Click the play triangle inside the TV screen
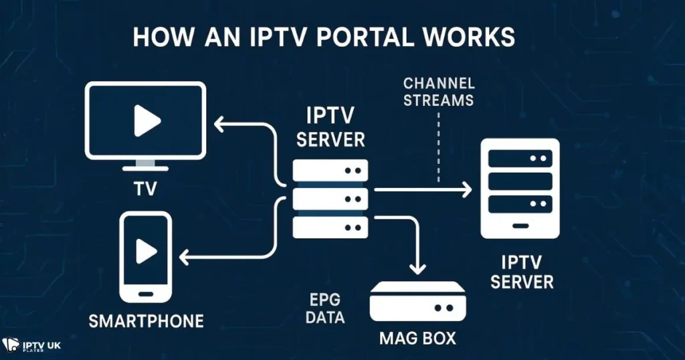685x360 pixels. (146, 121)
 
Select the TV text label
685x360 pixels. (145, 189)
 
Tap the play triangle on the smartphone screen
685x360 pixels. (145, 251)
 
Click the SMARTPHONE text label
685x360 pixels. (146, 321)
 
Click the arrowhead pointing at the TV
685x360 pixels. (218, 124)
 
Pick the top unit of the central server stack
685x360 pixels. (330, 170)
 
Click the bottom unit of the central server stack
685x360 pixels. (330, 226)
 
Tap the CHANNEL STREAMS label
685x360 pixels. (439, 92)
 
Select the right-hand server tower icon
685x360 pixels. (520, 189)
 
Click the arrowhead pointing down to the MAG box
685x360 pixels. (417, 267)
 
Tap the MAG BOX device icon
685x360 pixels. (417, 303)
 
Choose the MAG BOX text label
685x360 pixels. (417, 338)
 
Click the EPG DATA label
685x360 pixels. (325, 308)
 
